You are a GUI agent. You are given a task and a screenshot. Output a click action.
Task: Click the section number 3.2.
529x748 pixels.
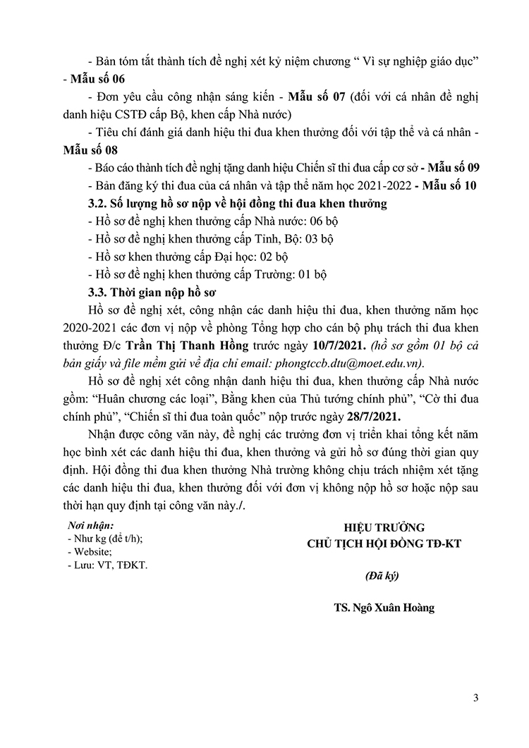[x=96, y=204]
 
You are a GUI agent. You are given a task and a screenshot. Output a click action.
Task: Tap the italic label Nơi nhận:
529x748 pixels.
[x=91, y=525]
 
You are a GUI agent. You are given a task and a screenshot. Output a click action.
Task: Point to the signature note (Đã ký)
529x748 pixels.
[x=383, y=575]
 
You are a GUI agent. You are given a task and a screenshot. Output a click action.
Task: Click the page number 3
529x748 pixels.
[x=477, y=699]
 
